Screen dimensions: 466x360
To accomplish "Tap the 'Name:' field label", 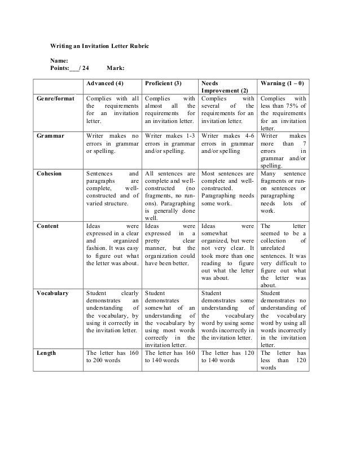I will click(59, 60).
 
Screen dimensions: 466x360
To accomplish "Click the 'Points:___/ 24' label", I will click(70, 68).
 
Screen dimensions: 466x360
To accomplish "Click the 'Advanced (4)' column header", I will click(104, 83).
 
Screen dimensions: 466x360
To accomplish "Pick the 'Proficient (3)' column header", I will click(164, 83).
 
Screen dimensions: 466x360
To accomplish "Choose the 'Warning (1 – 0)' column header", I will click(282, 83).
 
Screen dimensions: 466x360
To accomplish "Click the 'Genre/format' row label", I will click(56, 98).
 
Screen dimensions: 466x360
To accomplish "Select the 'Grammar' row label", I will click(49, 136).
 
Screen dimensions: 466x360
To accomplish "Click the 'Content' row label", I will click(47, 226).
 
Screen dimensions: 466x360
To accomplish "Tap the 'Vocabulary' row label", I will click(52, 293).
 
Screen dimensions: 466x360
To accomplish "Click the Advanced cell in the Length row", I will click(112, 357).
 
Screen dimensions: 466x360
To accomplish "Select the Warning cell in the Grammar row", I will click(283, 151).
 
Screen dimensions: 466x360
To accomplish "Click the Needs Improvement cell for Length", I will click(226, 357).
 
